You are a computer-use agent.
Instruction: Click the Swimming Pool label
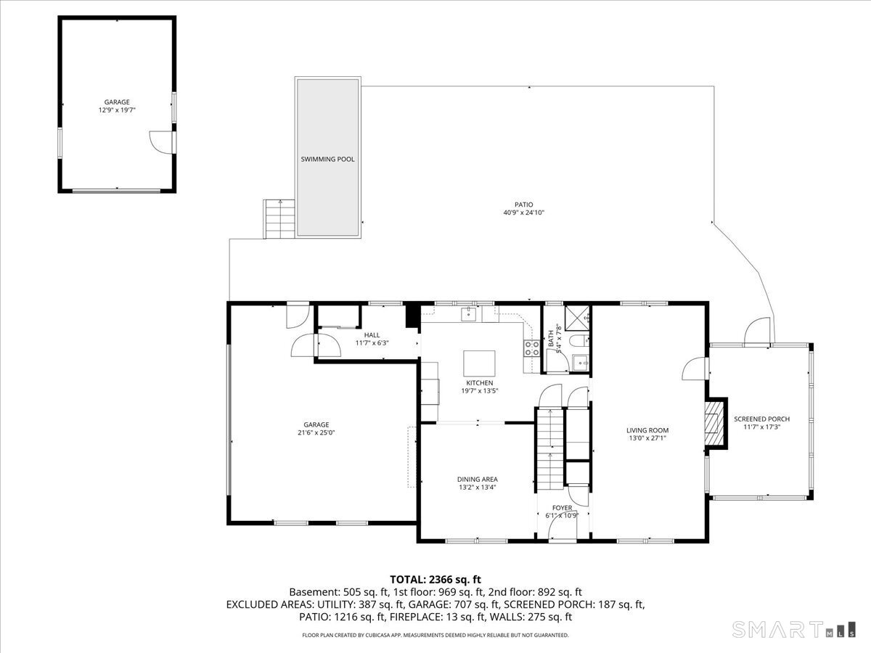[x=327, y=160]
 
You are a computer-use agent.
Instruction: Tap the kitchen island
[x=479, y=364]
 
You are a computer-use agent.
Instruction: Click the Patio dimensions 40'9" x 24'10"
[x=524, y=213]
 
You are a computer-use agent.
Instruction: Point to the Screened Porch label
[x=761, y=419]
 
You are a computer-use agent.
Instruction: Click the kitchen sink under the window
[x=468, y=314]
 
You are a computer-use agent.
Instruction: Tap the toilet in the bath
[x=579, y=340]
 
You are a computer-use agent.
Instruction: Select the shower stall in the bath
[x=577, y=318]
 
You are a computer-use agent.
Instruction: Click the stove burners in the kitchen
[x=532, y=348]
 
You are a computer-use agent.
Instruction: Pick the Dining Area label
[x=478, y=480]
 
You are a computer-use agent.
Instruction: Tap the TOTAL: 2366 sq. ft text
[x=435, y=580]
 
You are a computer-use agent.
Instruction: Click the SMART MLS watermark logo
[x=793, y=629]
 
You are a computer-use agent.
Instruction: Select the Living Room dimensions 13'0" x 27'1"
[x=647, y=438]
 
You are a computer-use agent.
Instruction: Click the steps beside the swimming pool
[x=279, y=219]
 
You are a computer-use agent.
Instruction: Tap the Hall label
[x=372, y=335]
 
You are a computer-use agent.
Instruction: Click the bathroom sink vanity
[x=581, y=362]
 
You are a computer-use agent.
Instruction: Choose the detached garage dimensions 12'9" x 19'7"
[x=117, y=110]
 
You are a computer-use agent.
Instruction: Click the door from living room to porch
[x=695, y=369]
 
